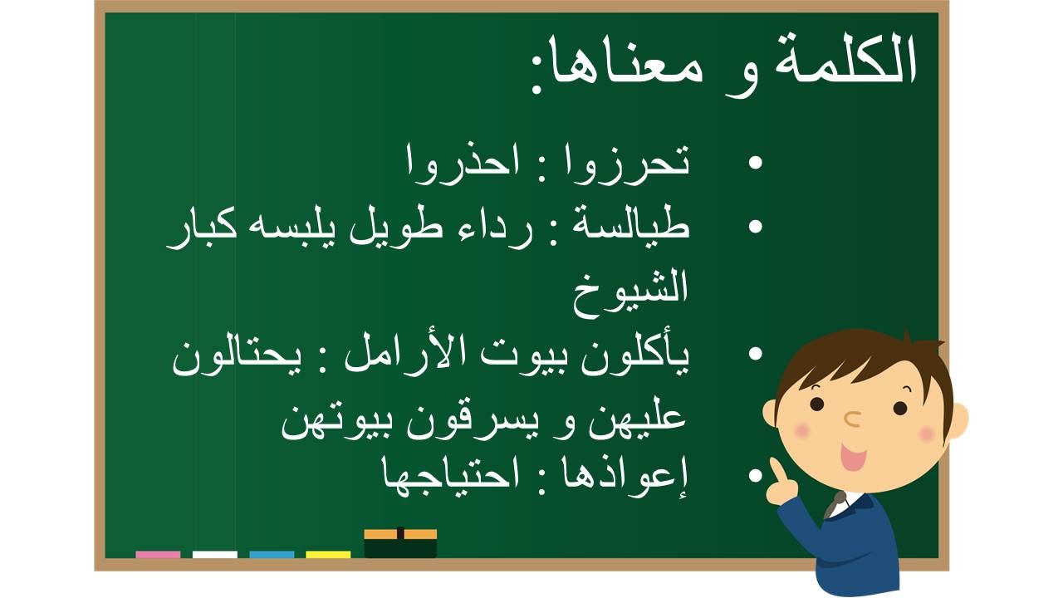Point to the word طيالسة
click(630, 227)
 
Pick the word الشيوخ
click(630, 292)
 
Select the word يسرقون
click(484, 424)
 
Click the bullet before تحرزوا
click(755, 163)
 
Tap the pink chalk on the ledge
click(158, 554)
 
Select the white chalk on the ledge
click(214, 554)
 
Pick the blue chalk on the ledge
click(272, 554)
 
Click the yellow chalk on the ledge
click(328, 554)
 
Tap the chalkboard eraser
click(400, 543)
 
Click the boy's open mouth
click(853, 457)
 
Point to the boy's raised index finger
click(777, 470)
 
